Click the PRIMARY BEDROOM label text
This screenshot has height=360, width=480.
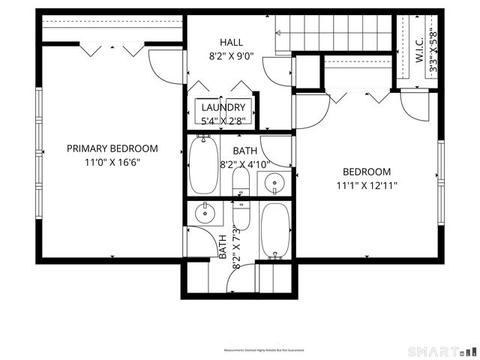pyautogui.click(x=112, y=148)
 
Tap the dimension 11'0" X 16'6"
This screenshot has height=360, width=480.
pyautogui.click(x=112, y=161)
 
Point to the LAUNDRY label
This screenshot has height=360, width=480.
pyautogui.click(x=223, y=107)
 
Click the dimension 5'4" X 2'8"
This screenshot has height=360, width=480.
pyautogui.click(x=223, y=120)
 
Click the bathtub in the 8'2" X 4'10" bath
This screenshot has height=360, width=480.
pyautogui.click(x=203, y=164)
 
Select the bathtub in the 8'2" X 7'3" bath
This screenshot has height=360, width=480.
pyautogui.click(x=274, y=229)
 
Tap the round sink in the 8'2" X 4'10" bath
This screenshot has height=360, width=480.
pyautogui.click(x=274, y=182)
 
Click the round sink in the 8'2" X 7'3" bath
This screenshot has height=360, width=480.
pyautogui.click(x=204, y=214)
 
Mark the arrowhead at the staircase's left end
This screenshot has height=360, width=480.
pyautogui.click(x=277, y=32)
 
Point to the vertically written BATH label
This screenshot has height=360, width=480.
pyautogui.click(x=222, y=247)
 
